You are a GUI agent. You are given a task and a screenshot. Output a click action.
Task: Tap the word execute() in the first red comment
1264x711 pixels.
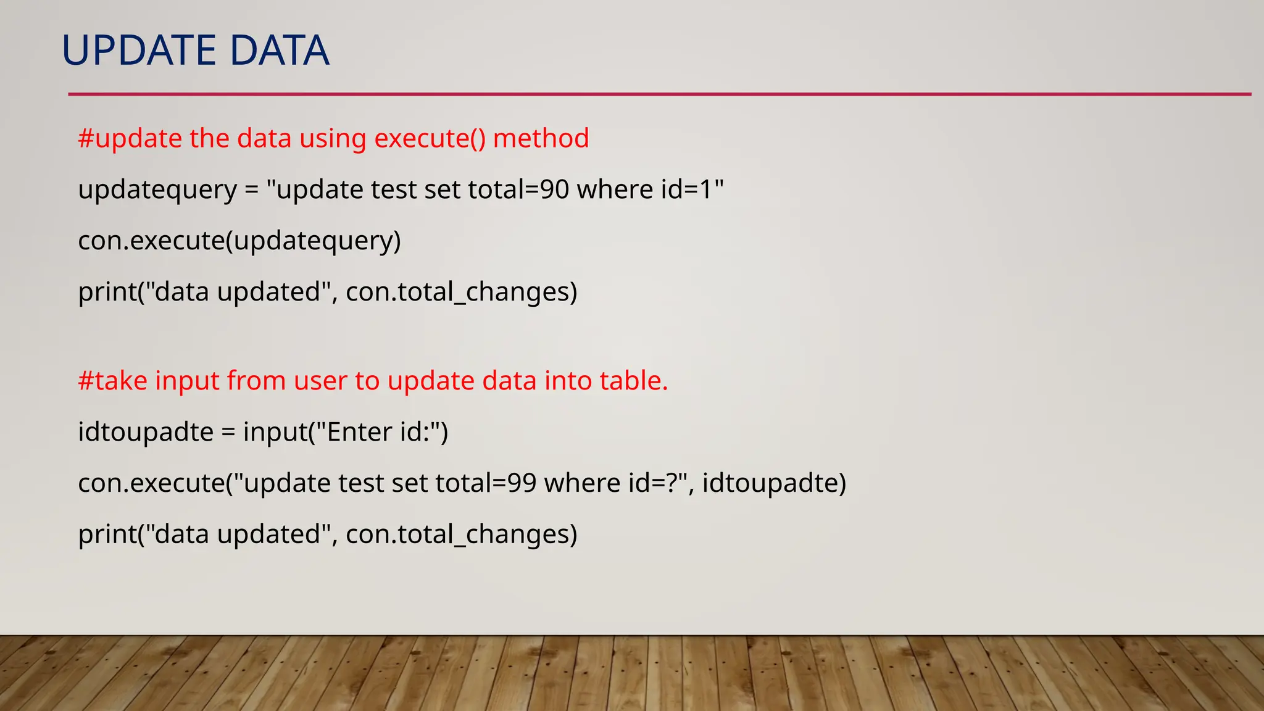[x=430, y=138]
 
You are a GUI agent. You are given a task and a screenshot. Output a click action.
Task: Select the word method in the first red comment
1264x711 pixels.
[x=541, y=138]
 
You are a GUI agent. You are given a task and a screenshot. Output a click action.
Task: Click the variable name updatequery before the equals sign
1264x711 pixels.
[x=157, y=190]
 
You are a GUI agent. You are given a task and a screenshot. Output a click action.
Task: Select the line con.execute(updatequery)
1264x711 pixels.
[x=239, y=241]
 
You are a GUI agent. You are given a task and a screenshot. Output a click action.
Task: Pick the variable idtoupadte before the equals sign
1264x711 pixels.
[x=146, y=432]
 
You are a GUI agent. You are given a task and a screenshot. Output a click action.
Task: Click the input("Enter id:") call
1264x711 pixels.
[x=346, y=432]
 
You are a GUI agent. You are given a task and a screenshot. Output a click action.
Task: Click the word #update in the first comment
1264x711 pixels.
[x=130, y=139]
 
